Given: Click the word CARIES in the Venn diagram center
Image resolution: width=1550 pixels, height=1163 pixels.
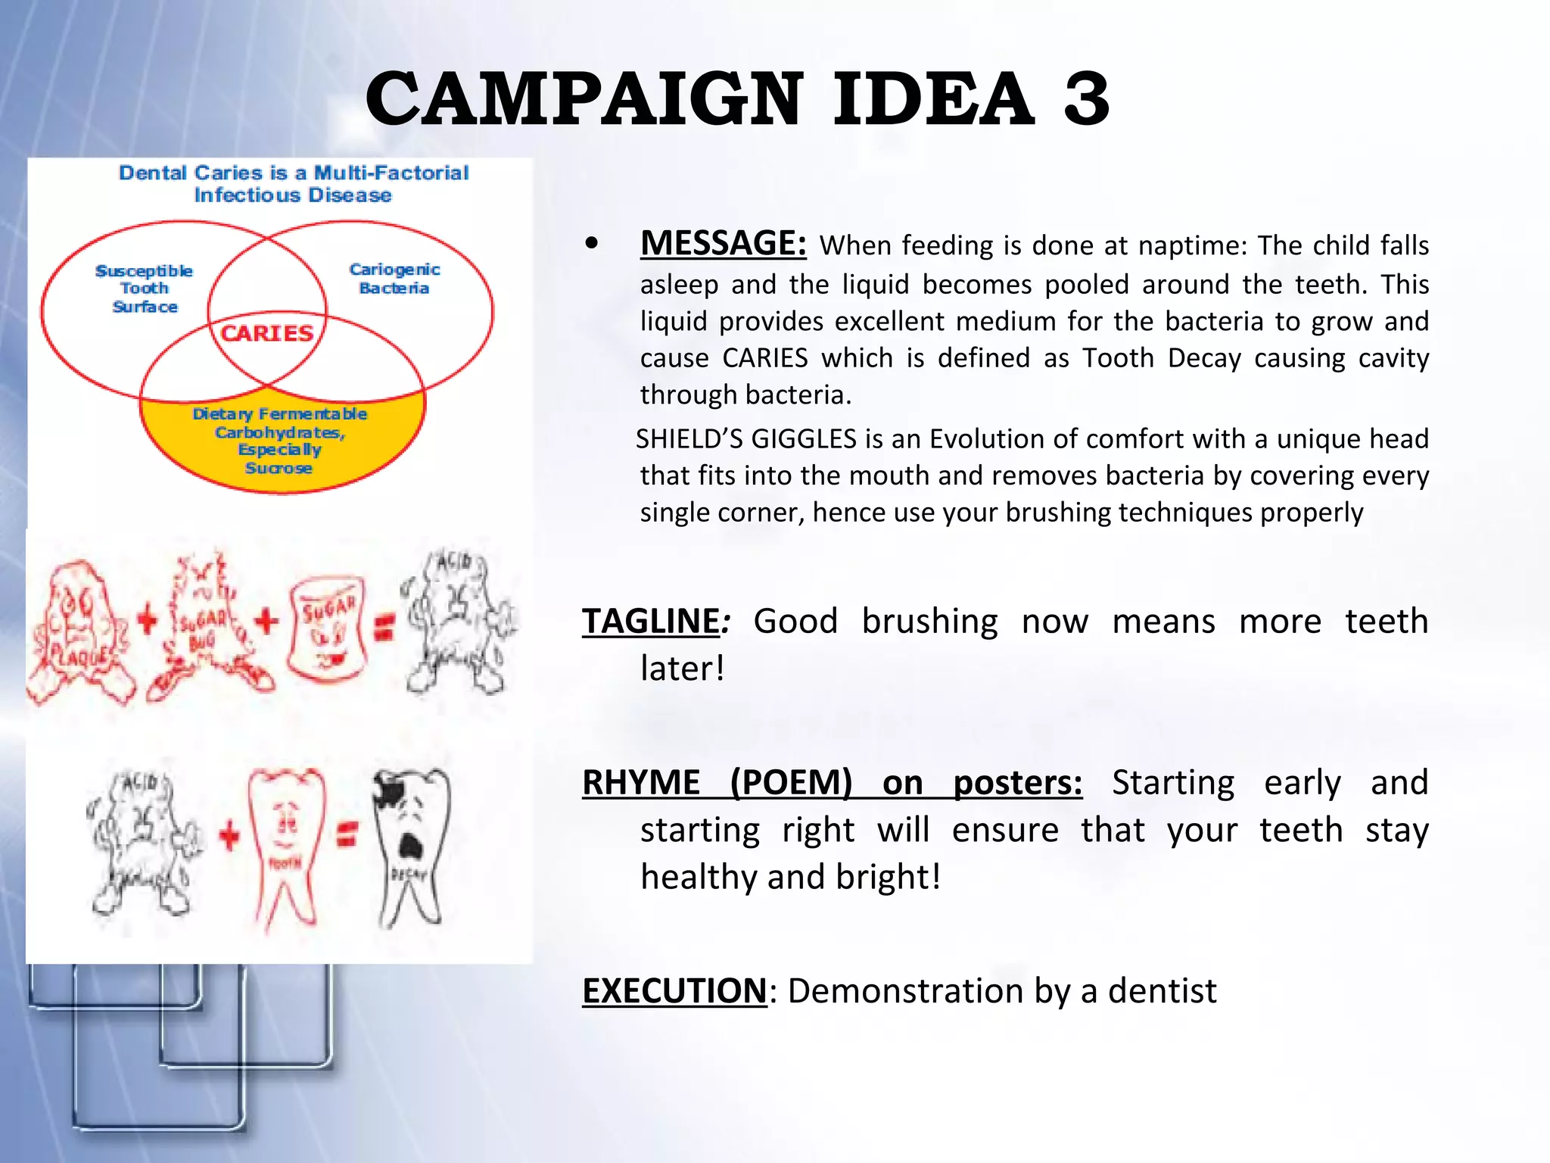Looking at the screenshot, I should [x=266, y=333].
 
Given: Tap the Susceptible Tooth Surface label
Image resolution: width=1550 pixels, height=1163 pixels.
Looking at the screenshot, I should [x=144, y=288].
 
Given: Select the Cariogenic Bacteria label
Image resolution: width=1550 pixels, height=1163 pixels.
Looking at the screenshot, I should [x=394, y=279].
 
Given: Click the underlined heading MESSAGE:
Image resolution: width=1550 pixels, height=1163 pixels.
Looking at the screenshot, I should [x=723, y=244].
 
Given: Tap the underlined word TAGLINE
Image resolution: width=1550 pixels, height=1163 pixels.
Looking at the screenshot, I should [x=650, y=621].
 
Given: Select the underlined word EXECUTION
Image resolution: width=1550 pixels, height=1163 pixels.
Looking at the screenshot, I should [x=674, y=990].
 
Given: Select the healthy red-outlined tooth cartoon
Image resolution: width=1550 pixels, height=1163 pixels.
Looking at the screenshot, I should [x=285, y=844].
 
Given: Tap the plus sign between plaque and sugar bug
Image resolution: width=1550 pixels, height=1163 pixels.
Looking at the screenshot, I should [x=148, y=621].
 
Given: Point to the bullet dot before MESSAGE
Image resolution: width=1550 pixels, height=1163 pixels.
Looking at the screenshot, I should [x=592, y=244].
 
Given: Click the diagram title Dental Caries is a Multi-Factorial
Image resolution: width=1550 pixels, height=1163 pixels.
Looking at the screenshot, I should [x=294, y=173].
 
